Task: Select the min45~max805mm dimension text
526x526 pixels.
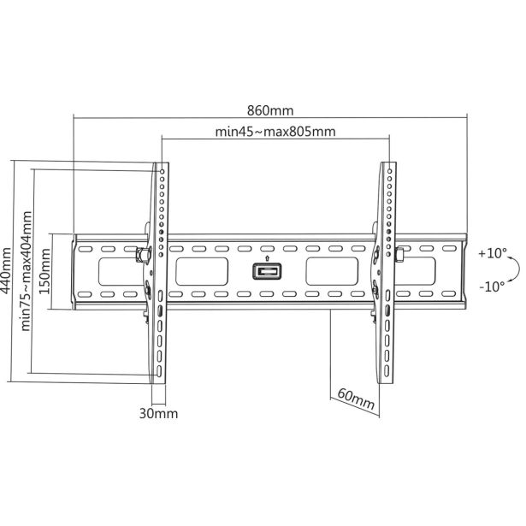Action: click(x=275, y=132)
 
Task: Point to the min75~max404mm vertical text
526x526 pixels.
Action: click(x=27, y=271)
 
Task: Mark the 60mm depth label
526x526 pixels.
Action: click(x=357, y=399)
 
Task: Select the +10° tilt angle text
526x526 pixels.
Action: click(x=493, y=253)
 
